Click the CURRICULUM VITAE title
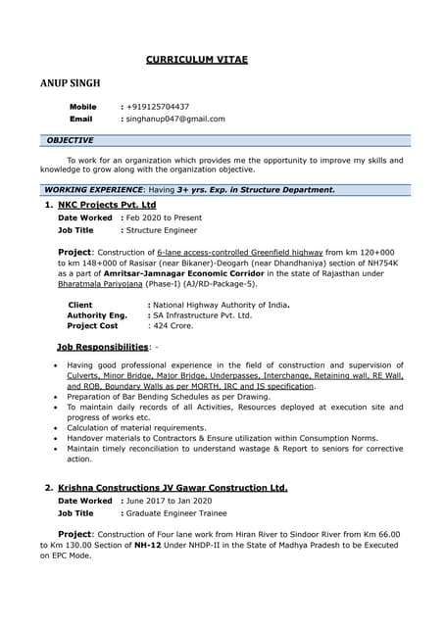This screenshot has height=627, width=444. click(197, 60)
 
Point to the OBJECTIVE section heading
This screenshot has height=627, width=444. click(70, 140)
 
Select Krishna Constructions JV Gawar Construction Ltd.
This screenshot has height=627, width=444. click(173, 487)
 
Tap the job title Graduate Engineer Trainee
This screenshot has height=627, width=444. click(175, 512)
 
